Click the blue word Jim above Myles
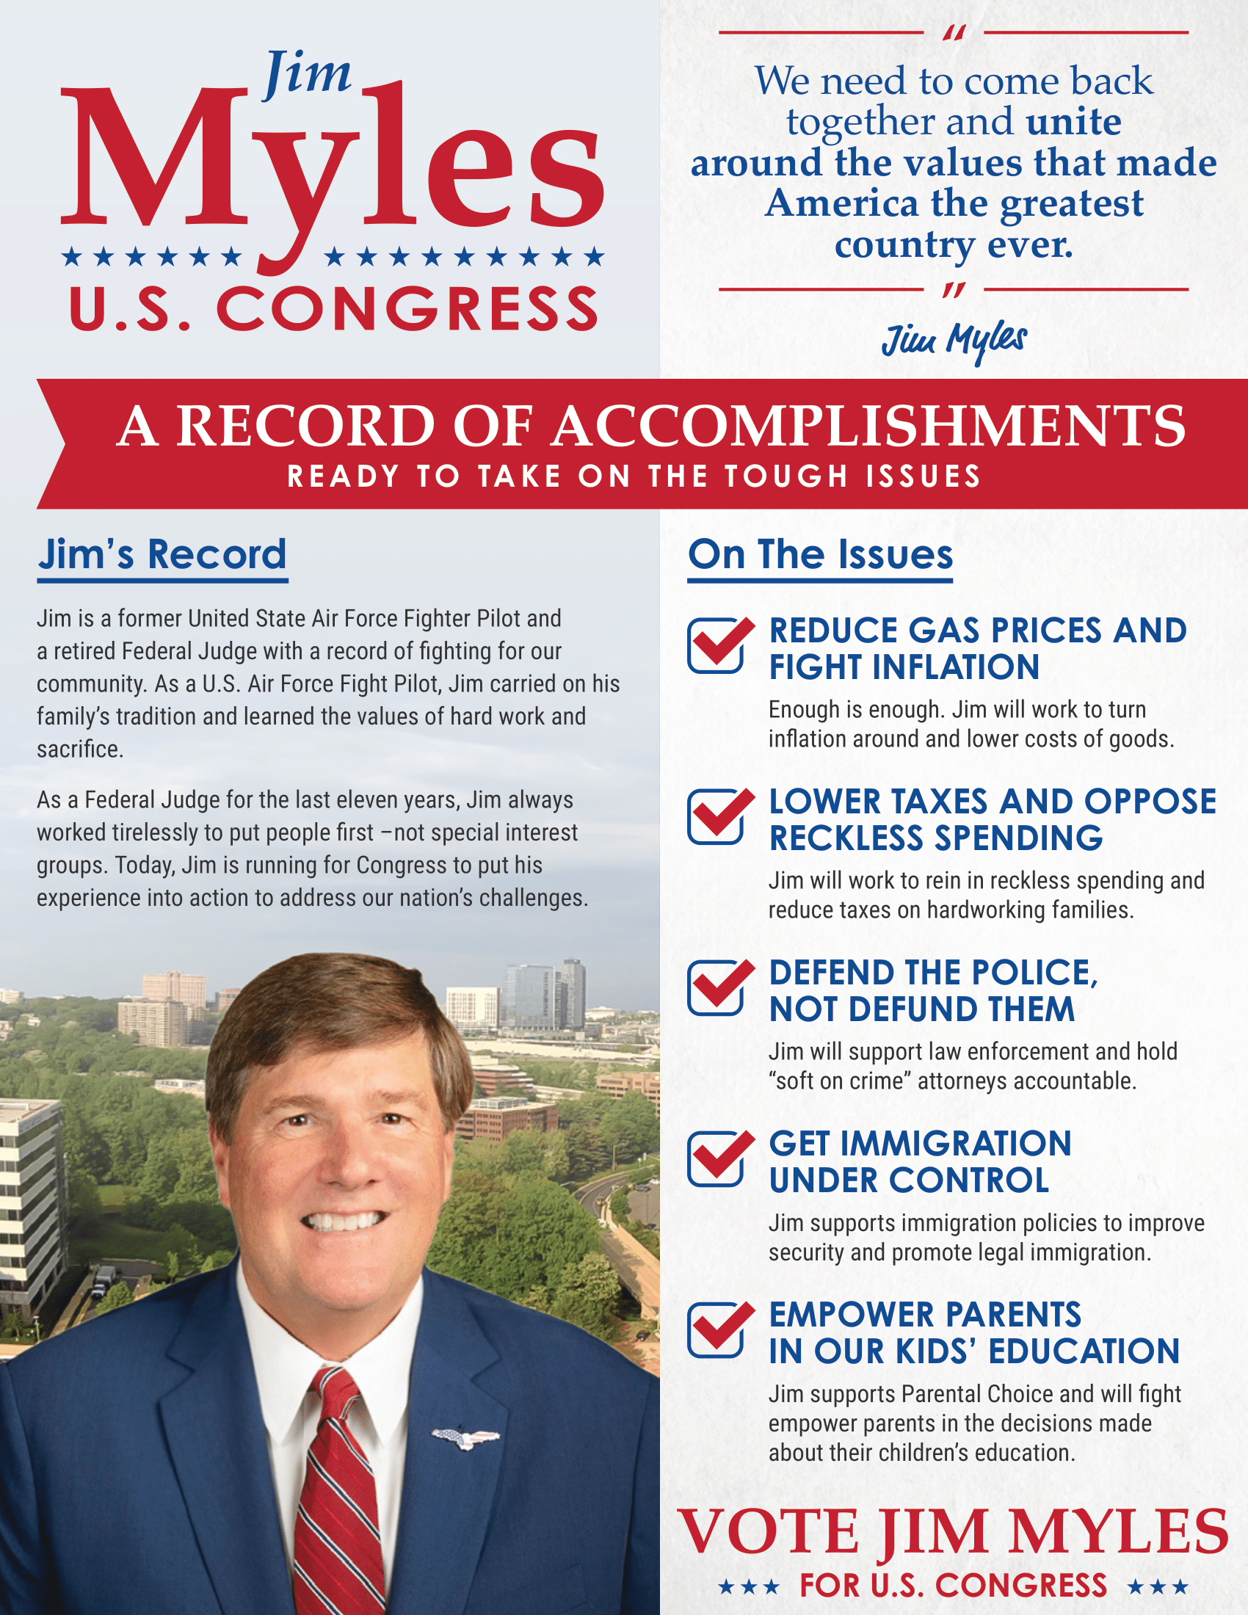pyautogui.click(x=308, y=75)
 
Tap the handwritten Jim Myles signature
pyautogui.click(x=954, y=341)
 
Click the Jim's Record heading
pyautogui.click(x=162, y=554)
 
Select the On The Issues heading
pyautogui.click(x=820, y=554)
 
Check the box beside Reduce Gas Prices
pyautogui.click(x=716, y=645)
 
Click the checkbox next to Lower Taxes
pyautogui.click(x=716, y=816)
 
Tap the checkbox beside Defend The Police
pyautogui.click(x=716, y=988)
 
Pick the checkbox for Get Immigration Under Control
pyautogui.click(x=716, y=1159)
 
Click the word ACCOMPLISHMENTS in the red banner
pyautogui.click(x=869, y=427)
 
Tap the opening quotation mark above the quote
pyautogui.click(x=954, y=34)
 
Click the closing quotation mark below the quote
pyautogui.click(x=954, y=290)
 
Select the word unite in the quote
pyautogui.click(x=1073, y=122)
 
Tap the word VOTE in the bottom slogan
pyautogui.click(x=768, y=1532)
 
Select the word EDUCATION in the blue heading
pyautogui.click(x=1084, y=1351)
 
